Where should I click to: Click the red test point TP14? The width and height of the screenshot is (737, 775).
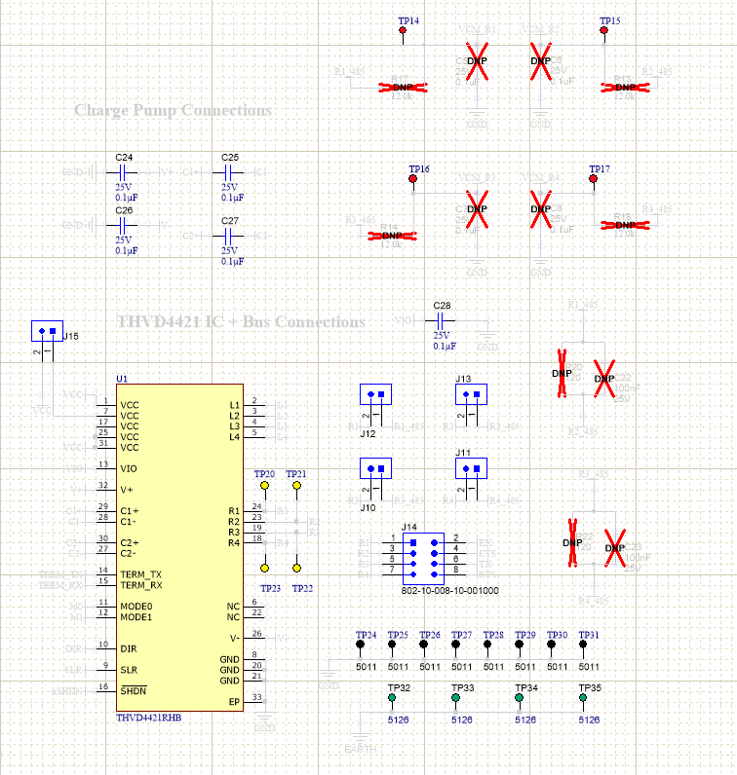pyautogui.click(x=403, y=31)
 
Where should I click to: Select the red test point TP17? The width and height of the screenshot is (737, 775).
pyautogui.click(x=593, y=179)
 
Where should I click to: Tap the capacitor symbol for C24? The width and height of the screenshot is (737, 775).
pyautogui.click(x=124, y=171)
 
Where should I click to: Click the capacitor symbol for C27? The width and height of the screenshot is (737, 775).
pyautogui.click(x=230, y=237)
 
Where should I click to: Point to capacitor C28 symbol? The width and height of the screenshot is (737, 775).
pyautogui.click(x=443, y=320)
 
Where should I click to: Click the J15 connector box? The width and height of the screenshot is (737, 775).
pyautogui.click(x=47, y=331)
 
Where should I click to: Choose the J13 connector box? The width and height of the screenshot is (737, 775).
pyautogui.click(x=471, y=393)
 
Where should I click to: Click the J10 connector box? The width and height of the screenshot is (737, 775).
pyautogui.click(x=375, y=468)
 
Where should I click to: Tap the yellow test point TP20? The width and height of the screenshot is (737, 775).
pyautogui.click(x=264, y=485)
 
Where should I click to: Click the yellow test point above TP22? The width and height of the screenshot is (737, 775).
pyautogui.click(x=296, y=568)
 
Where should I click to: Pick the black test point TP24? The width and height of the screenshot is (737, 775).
pyautogui.click(x=361, y=645)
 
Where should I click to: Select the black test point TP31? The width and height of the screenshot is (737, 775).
pyautogui.click(x=584, y=645)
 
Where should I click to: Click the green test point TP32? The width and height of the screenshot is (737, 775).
pyautogui.click(x=392, y=698)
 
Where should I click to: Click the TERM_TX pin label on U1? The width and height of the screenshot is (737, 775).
pyautogui.click(x=141, y=573)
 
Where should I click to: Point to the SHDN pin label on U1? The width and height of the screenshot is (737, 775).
pyautogui.click(x=135, y=689)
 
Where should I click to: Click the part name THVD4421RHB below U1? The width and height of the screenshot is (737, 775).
pyautogui.click(x=148, y=719)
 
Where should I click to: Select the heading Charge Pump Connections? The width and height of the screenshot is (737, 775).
pyautogui.click(x=173, y=111)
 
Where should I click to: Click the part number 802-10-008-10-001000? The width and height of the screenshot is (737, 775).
pyautogui.click(x=449, y=591)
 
